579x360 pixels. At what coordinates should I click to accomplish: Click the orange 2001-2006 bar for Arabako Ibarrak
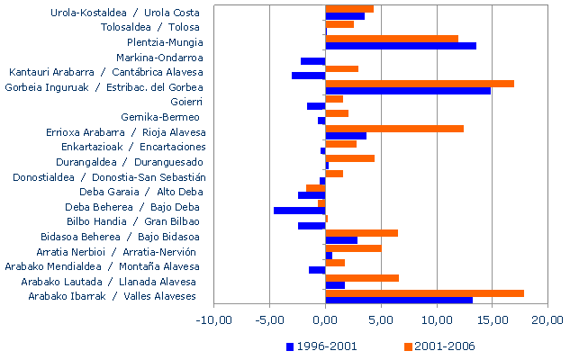point(424,292)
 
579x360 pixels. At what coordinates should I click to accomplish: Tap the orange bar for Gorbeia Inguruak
point(420,84)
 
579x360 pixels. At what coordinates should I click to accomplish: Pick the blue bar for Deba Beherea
point(300,211)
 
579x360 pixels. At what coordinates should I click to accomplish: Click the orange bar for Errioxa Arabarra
point(394,129)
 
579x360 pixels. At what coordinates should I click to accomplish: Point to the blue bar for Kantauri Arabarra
point(309,76)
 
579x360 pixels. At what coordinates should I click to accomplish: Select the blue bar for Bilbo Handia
point(312,225)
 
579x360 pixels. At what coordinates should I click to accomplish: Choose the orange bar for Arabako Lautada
point(362,278)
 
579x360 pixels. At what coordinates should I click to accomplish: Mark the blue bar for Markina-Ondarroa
point(313,61)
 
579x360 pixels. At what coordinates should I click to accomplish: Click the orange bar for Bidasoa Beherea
point(361,233)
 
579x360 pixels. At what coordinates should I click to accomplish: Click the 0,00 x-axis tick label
point(326,319)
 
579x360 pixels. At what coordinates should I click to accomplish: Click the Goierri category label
point(185,102)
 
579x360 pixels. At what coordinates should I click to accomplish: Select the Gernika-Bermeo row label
point(162,117)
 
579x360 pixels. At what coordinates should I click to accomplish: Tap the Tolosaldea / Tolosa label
point(150,27)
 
